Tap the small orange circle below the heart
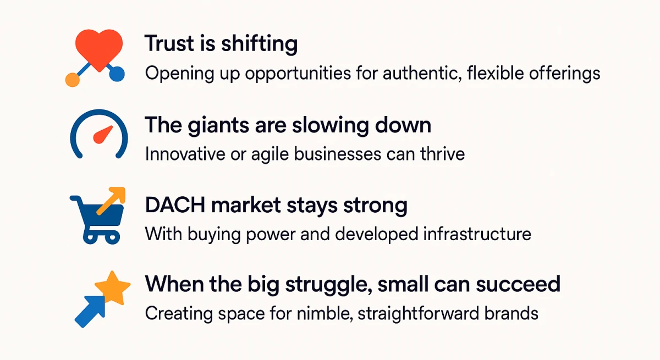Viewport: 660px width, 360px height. [x=72, y=80]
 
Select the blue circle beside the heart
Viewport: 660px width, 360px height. [x=117, y=74]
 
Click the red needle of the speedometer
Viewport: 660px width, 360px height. [x=103, y=135]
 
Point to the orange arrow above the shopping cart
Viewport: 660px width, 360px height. [x=111, y=201]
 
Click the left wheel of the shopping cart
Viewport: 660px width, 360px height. [x=90, y=237]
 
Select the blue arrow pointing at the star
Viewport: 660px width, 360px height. [x=90, y=312]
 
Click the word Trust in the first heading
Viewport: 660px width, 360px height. [x=169, y=43]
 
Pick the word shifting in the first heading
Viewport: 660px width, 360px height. [x=259, y=44]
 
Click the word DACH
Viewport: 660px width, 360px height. [x=175, y=205]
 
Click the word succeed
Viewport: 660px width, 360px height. [x=518, y=284]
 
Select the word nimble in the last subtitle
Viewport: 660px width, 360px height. [x=325, y=313]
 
